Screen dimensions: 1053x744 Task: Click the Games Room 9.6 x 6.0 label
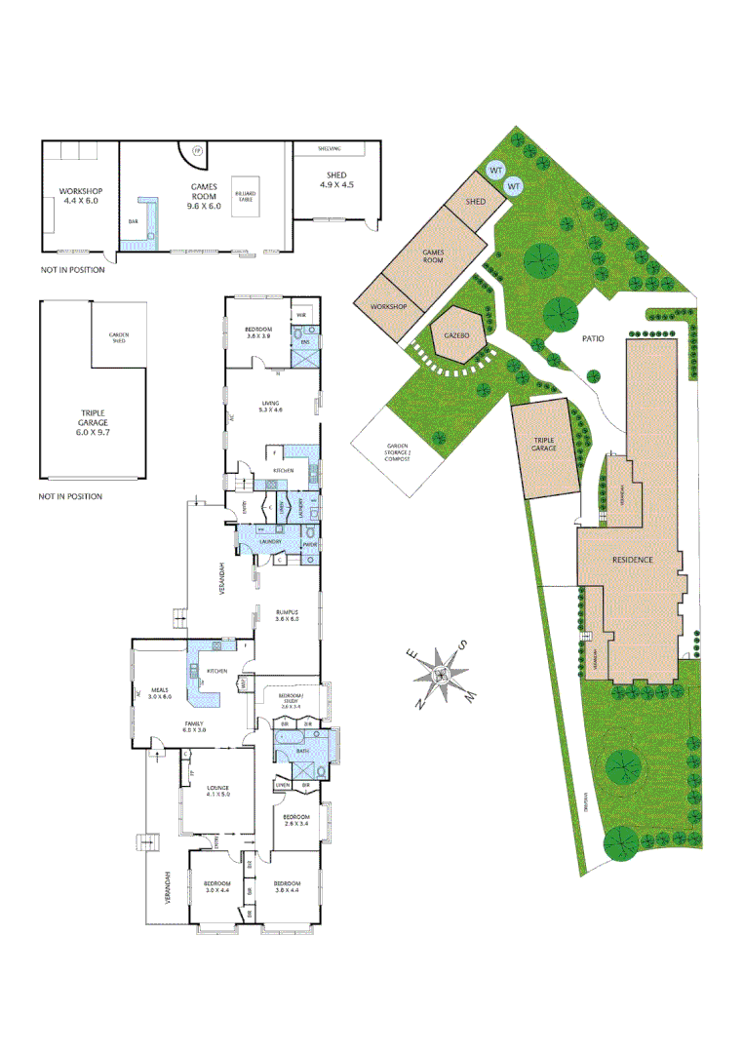pos(205,200)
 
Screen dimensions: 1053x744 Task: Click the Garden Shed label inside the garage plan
pos(118,337)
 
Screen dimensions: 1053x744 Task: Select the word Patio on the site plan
pos(594,338)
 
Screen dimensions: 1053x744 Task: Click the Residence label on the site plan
pos(632,560)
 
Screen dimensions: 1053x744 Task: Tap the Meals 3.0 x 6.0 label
pos(159,693)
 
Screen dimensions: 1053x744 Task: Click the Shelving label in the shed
pos(331,148)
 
